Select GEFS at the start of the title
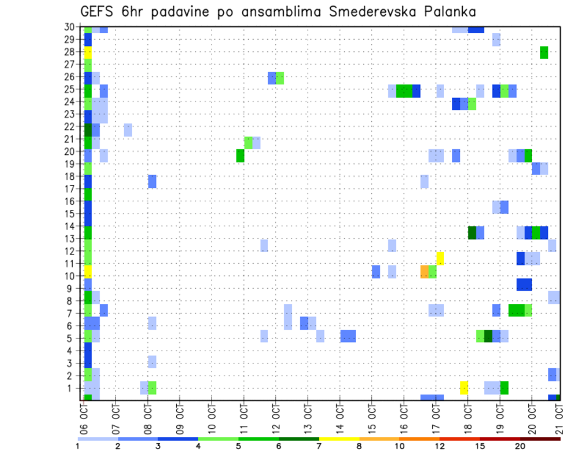96,12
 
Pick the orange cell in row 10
424,271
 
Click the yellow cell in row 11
440,258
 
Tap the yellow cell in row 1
463,388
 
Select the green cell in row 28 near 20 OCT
544,53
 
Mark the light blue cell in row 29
496,40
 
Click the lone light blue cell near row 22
128,130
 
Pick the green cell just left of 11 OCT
240,156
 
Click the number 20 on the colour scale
520,446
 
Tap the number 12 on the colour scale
440,446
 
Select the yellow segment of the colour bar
339,438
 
